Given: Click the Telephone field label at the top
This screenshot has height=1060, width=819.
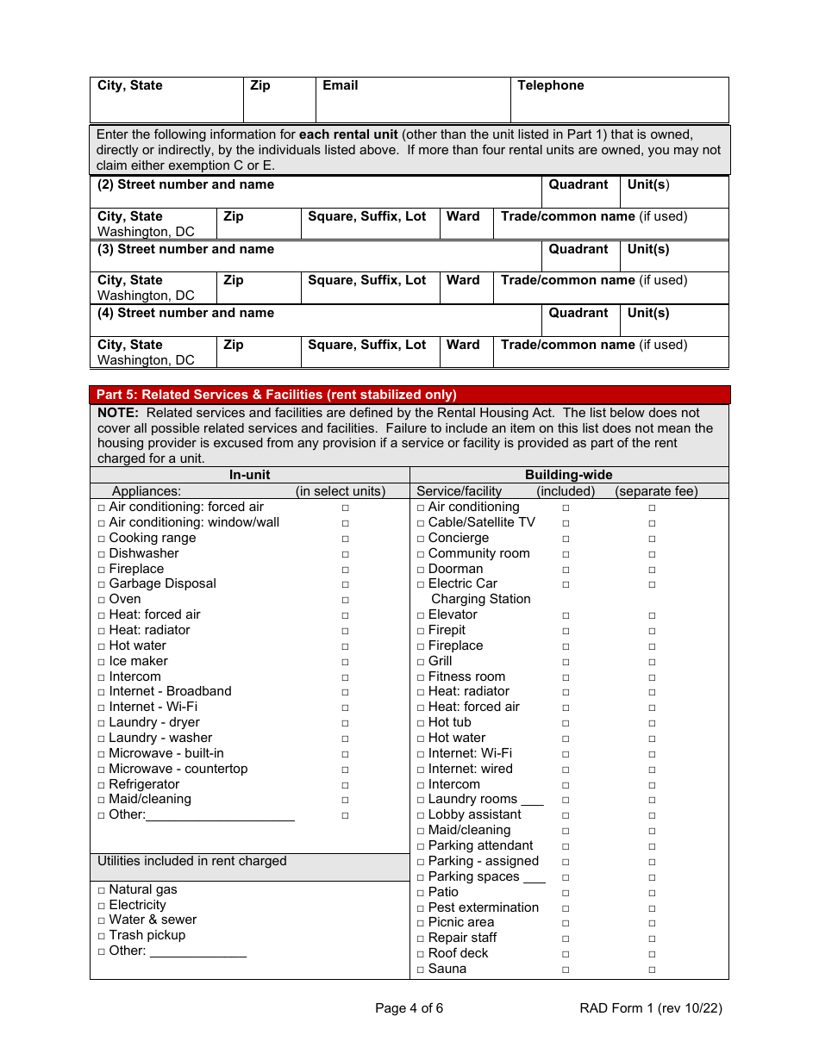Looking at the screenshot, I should coord(550,85).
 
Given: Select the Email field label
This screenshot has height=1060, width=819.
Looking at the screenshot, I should coord(340,85).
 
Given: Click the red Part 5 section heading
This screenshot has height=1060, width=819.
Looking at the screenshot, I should coord(276,395).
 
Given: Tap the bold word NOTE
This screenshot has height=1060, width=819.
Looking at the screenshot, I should coord(118,413).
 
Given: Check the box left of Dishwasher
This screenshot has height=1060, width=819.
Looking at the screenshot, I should coord(102,554).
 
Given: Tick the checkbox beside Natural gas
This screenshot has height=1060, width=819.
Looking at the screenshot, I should coord(102,890).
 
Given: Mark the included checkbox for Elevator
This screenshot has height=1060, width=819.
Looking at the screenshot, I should coord(566,615).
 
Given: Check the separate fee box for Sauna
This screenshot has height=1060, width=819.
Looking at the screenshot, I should coord(652,970).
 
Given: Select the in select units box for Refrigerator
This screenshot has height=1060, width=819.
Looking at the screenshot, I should coord(345,785).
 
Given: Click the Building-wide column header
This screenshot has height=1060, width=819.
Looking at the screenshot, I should coord(568,475).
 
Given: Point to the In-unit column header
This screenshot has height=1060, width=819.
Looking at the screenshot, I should coord(249,475).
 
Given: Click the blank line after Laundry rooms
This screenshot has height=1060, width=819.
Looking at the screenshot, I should coord(532,801).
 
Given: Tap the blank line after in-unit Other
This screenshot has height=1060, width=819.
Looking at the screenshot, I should coord(221,816).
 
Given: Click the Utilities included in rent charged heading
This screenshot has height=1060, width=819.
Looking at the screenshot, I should coord(192,861).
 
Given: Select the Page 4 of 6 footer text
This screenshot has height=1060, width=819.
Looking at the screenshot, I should coord(409,1008).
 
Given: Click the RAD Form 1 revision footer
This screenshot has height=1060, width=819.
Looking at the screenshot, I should coord(651,1008).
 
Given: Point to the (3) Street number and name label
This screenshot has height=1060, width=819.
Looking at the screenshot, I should coord(185,249).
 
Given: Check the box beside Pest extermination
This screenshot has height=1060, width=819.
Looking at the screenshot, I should coord(421,908).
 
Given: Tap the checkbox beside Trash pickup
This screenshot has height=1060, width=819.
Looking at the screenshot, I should coord(102,936).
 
